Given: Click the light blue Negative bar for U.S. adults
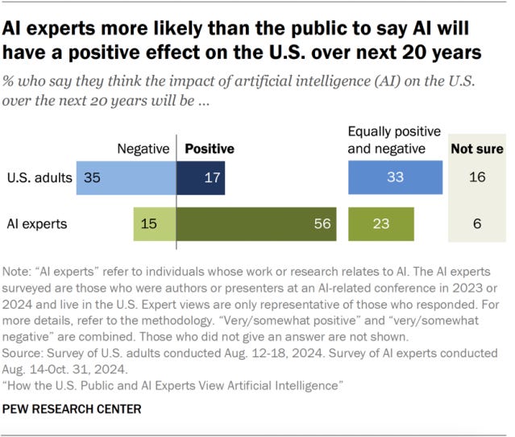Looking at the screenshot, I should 127,177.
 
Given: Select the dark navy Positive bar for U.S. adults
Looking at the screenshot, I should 201,177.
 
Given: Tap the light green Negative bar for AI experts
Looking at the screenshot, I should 155,223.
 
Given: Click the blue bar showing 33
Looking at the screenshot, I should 394,177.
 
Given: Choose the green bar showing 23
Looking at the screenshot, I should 380,223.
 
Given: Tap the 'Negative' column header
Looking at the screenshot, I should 143,149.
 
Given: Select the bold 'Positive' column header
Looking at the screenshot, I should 210,149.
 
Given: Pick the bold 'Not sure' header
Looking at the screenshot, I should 476,149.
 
